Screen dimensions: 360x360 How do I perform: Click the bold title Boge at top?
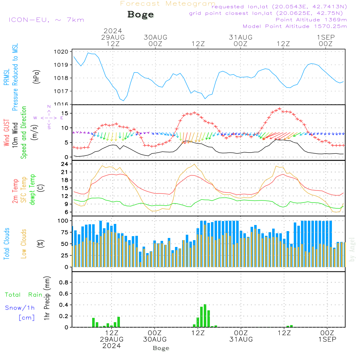140,15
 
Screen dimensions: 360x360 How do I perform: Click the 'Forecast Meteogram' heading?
168,4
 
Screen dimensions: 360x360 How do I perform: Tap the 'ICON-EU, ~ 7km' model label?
46,19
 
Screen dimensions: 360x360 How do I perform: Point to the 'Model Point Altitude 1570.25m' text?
295,26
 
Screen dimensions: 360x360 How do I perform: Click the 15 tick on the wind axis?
65,113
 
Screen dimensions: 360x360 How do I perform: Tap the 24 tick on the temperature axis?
65,164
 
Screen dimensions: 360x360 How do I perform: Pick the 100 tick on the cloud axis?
63,220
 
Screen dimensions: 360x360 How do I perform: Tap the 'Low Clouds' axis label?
24,243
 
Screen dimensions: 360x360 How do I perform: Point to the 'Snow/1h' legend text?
20,308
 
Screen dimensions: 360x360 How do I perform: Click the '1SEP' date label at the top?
326,37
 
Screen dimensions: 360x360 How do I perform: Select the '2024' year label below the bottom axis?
111,346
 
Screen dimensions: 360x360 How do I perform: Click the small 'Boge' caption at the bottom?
161,348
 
